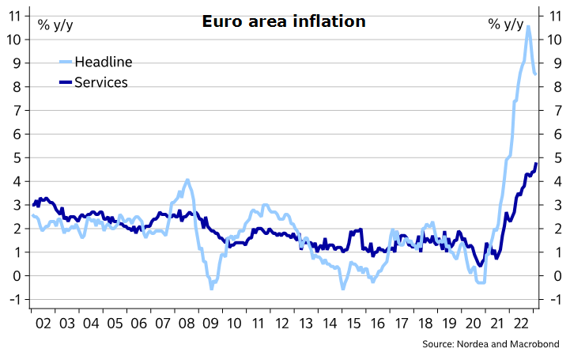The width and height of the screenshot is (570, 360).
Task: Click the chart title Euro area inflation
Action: [282, 21]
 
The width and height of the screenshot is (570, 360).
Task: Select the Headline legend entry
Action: [103, 62]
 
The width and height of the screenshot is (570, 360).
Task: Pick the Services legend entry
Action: [100, 81]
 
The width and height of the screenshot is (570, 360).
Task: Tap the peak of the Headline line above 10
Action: [528, 27]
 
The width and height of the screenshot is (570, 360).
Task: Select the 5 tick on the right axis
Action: [553, 157]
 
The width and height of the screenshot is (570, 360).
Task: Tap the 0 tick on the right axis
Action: [553, 276]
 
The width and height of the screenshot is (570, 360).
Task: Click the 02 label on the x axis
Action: [43, 324]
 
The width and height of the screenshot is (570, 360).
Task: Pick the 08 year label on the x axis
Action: [188, 324]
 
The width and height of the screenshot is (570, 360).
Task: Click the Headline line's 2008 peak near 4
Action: [187, 180]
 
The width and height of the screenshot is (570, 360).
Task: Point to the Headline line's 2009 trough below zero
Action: [211, 289]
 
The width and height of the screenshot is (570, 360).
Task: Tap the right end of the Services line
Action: [535, 164]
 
